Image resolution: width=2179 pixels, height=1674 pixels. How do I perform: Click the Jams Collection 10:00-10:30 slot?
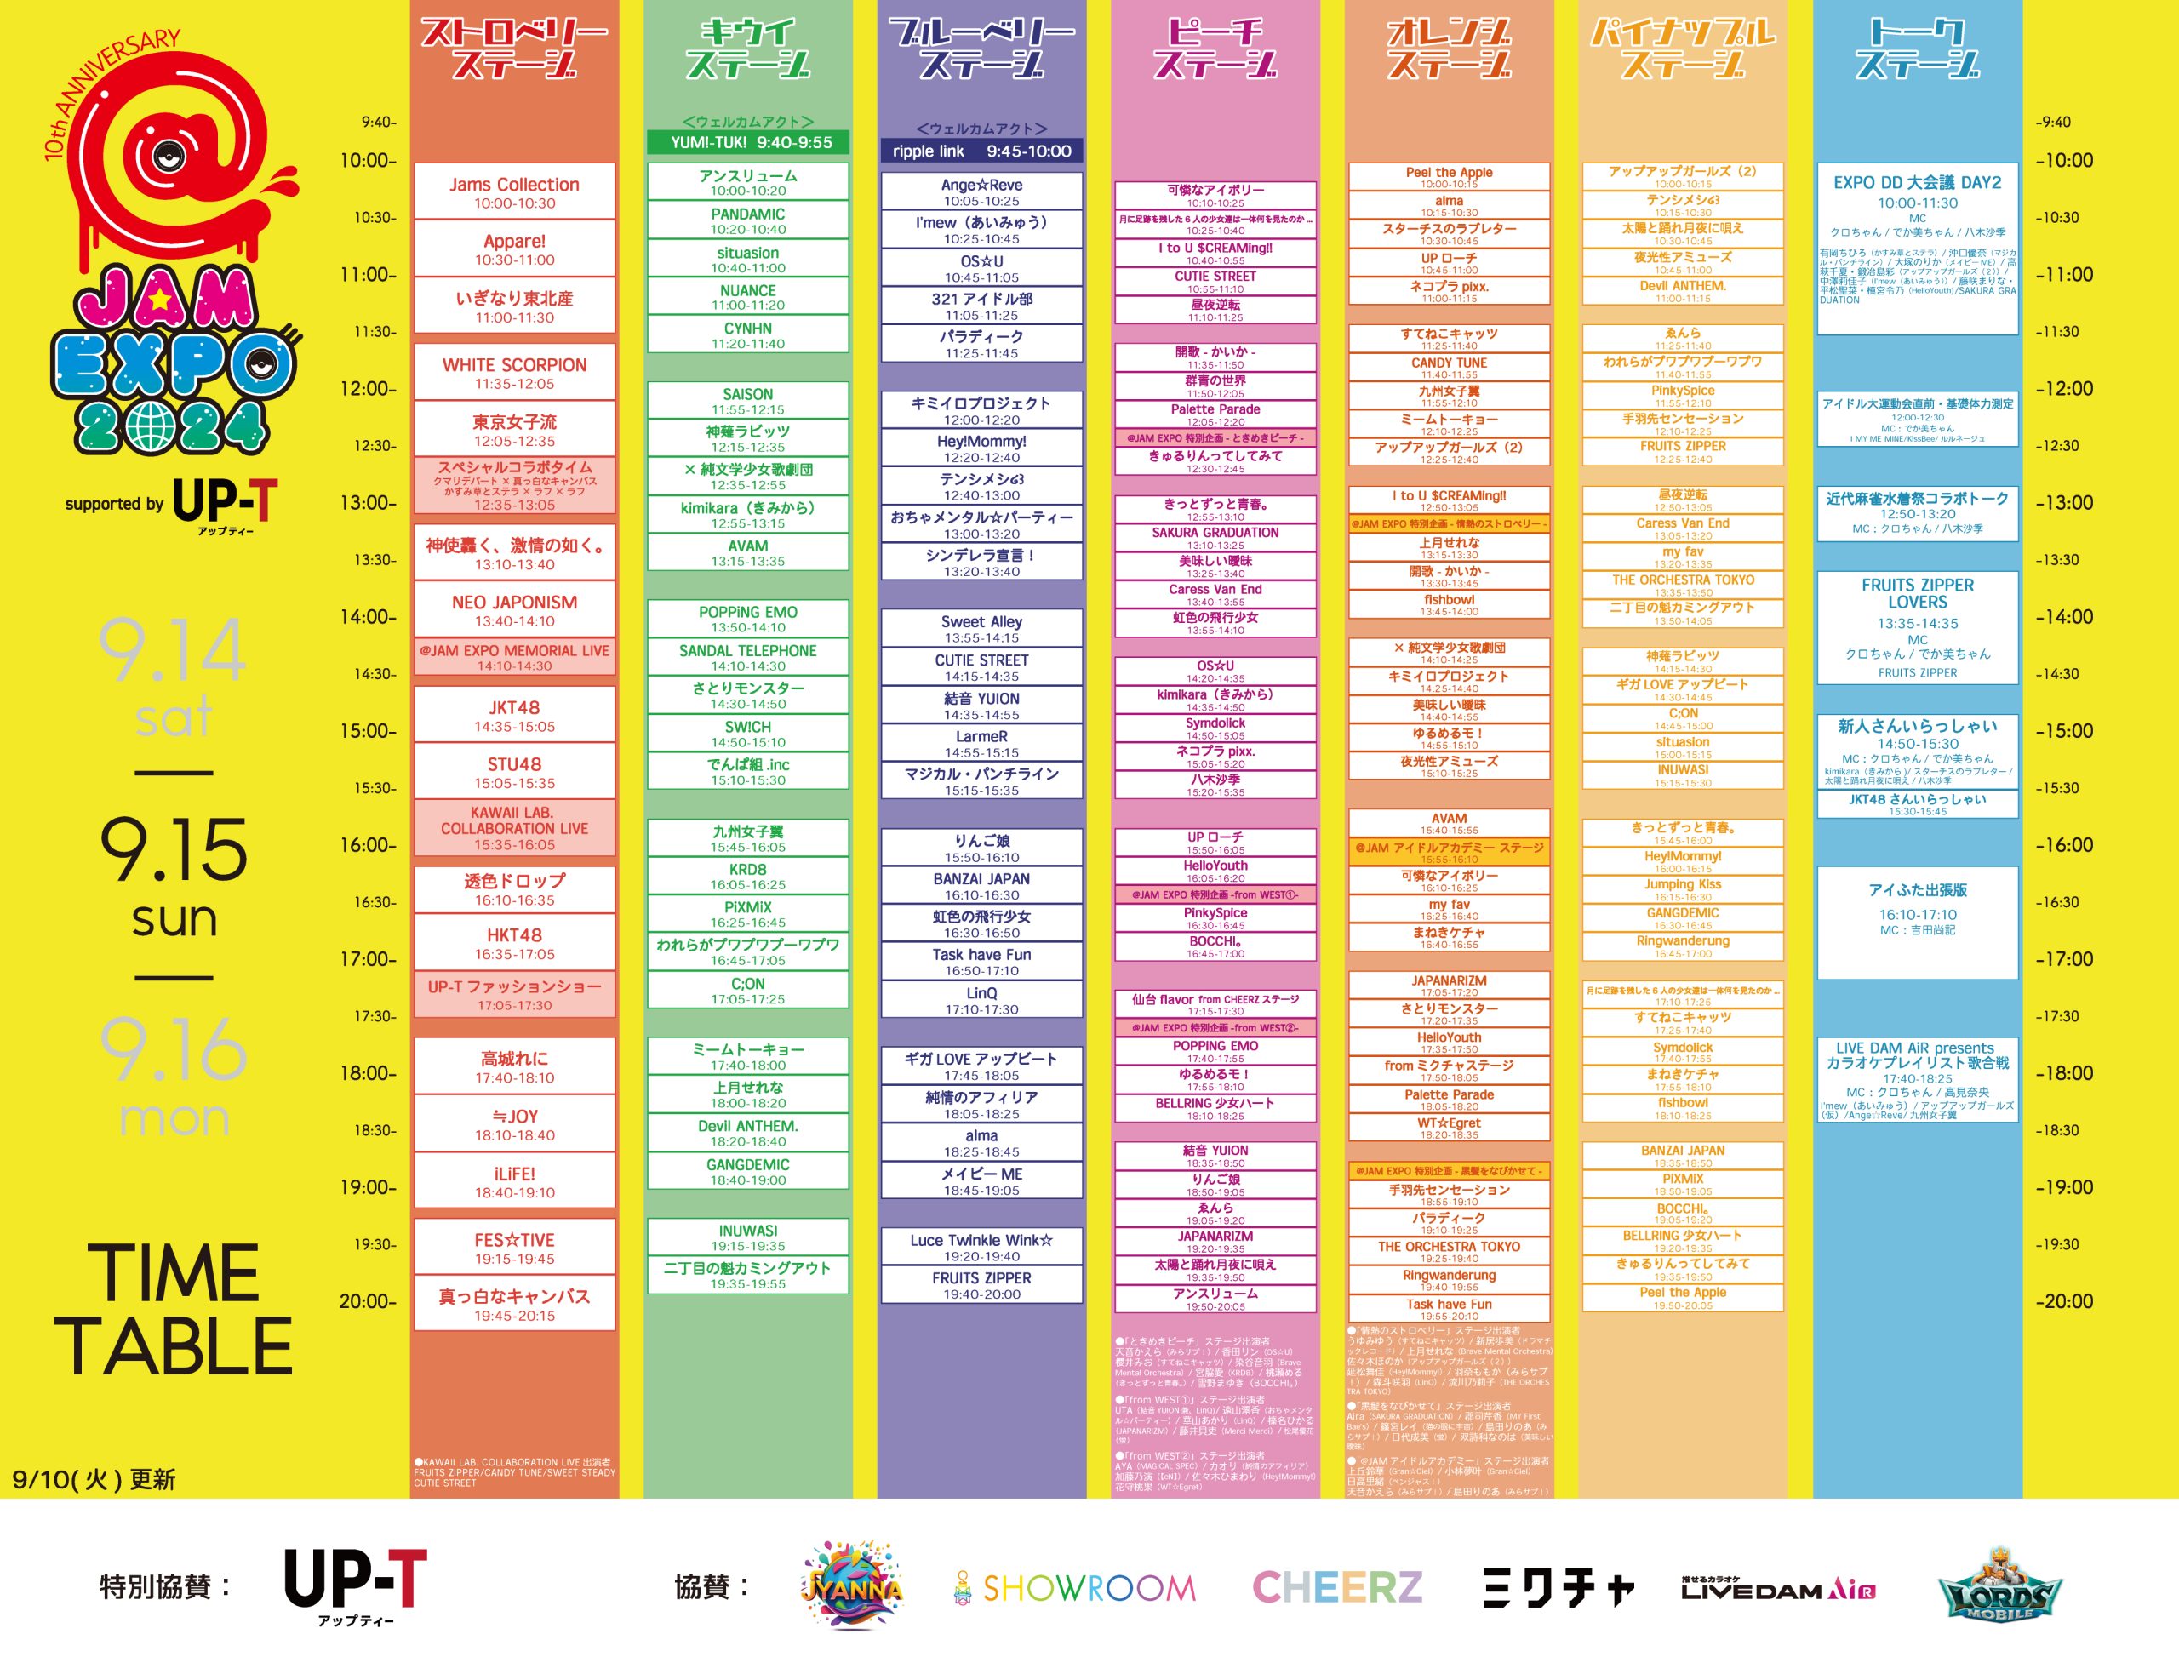pos(514,192)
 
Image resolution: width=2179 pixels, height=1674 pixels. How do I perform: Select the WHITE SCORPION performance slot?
pos(514,373)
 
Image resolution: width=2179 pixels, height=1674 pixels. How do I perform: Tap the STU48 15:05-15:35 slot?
pos(514,772)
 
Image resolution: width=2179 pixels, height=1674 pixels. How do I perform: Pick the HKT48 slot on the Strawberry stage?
pos(514,943)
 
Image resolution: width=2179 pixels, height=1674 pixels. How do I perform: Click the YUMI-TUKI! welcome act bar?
pos(748,142)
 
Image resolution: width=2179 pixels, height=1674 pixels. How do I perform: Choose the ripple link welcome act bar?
pos(981,151)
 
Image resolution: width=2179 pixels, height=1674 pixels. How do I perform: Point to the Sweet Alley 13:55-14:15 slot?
pos(981,629)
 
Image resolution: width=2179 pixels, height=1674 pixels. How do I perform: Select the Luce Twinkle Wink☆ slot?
pos(981,1248)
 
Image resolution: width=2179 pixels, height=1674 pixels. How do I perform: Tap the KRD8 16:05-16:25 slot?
pos(748,876)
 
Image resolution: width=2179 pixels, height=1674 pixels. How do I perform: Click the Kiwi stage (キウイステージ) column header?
pos(748,48)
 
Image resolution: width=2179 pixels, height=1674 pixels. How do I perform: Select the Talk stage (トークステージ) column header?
pos(1917,48)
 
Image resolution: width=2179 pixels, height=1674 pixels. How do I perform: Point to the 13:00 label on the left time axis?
pos(368,502)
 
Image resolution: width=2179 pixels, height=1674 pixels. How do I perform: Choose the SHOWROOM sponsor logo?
pos(1076,1587)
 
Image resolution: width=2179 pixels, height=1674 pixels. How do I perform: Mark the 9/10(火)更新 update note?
pos(94,1479)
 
